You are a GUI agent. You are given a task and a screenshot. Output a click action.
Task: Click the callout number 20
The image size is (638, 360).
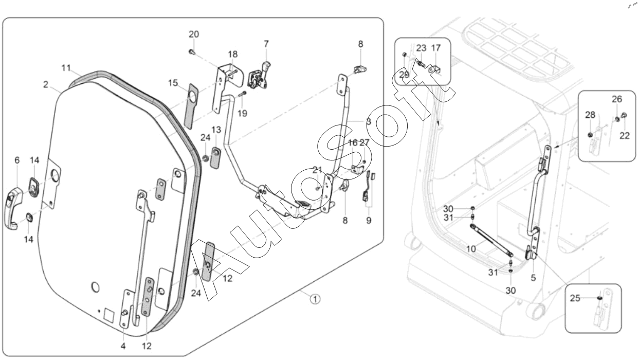click(x=194, y=34)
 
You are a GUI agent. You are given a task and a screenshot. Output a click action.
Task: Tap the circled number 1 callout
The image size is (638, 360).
click(x=315, y=298)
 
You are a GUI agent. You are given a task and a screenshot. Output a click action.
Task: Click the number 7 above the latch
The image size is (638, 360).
click(x=266, y=44)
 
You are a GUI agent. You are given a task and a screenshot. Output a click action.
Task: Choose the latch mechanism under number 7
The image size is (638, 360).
click(x=258, y=77)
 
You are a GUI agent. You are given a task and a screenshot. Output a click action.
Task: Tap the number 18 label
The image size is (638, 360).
click(x=232, y=54)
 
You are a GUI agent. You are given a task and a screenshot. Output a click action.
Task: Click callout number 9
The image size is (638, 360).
click(x=369, y=221)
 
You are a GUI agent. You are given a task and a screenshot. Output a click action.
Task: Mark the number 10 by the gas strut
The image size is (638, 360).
click(x=471, y=249)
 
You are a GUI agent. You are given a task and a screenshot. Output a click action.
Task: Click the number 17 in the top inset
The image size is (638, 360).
click(x=436, y=48)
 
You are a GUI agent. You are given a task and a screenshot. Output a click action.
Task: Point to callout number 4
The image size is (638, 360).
click(x=123, y=346)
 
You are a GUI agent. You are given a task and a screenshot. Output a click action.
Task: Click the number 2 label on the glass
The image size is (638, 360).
click(x=46, y=85)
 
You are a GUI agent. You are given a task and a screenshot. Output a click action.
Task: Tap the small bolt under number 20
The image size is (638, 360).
click(x=191, y=51)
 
